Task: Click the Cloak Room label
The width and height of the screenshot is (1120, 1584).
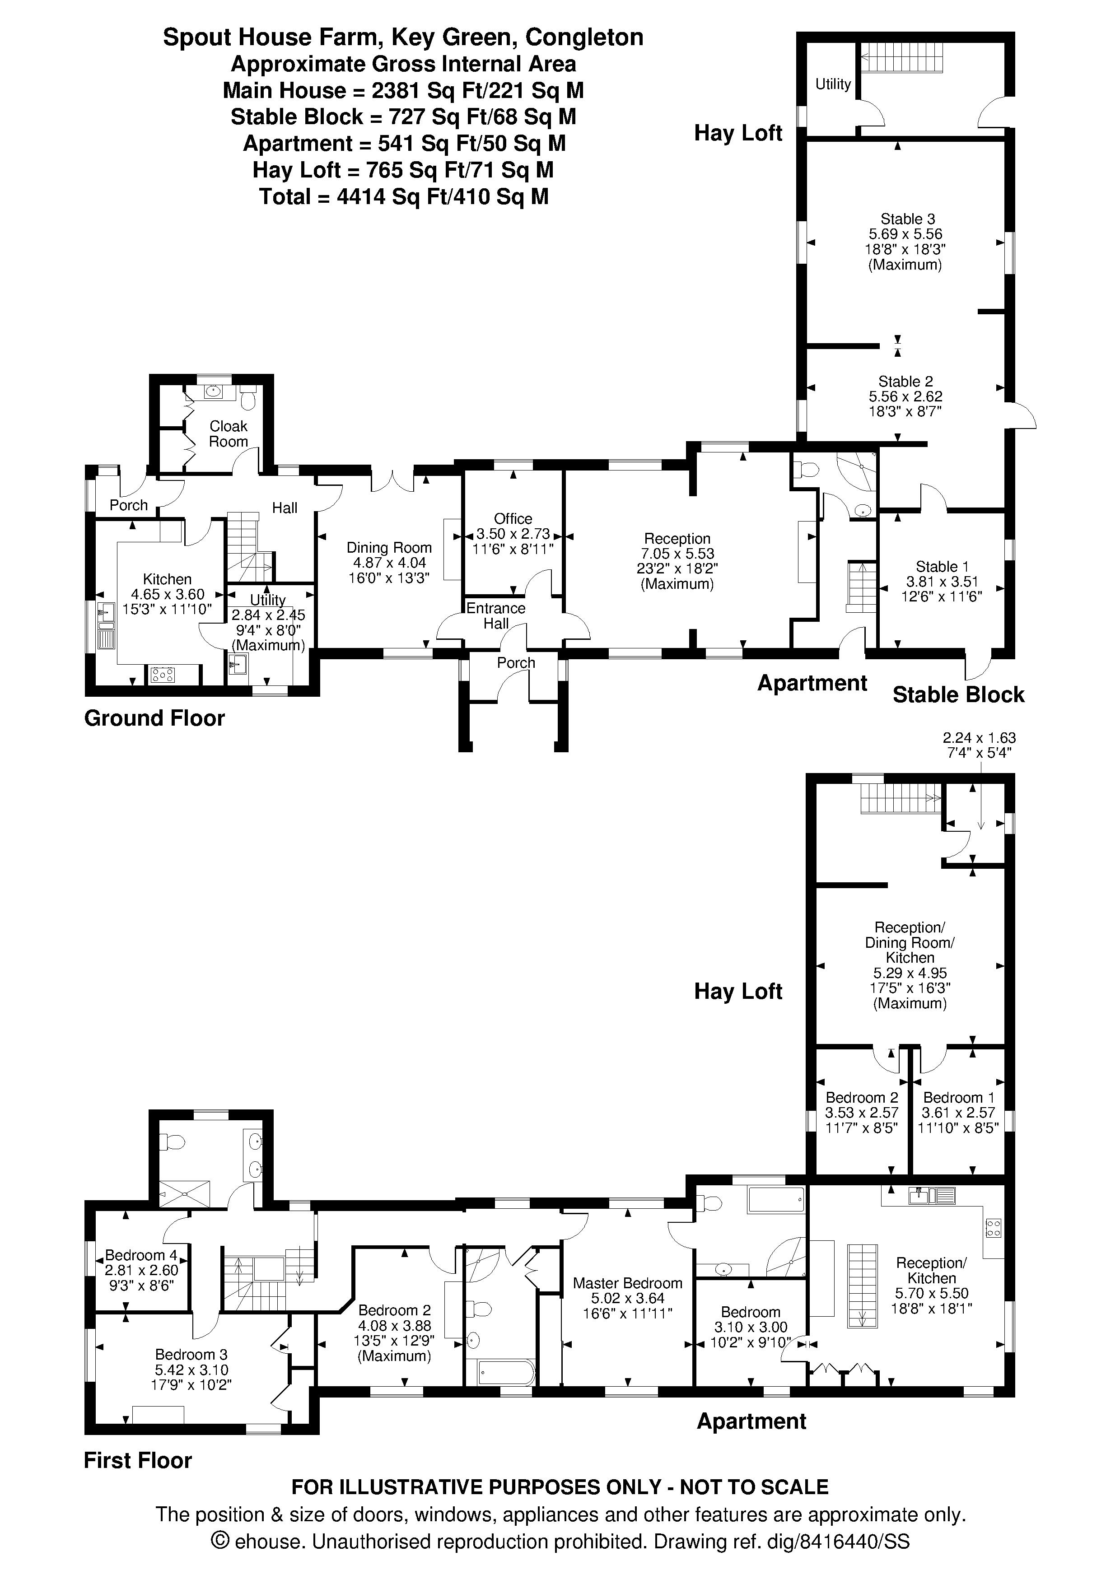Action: point(229,434)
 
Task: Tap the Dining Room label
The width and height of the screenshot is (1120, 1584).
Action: point(389,548)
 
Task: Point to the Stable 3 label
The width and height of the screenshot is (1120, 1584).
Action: point(905,219)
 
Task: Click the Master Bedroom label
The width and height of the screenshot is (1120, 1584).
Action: point(627,1283)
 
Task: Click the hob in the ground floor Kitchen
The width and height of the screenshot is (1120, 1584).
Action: point(163,675)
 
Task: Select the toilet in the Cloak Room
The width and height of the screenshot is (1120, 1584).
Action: point(248,398)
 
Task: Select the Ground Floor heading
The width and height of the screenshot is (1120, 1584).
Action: point(154,718)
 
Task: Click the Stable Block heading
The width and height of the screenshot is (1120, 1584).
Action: point(958,695)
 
